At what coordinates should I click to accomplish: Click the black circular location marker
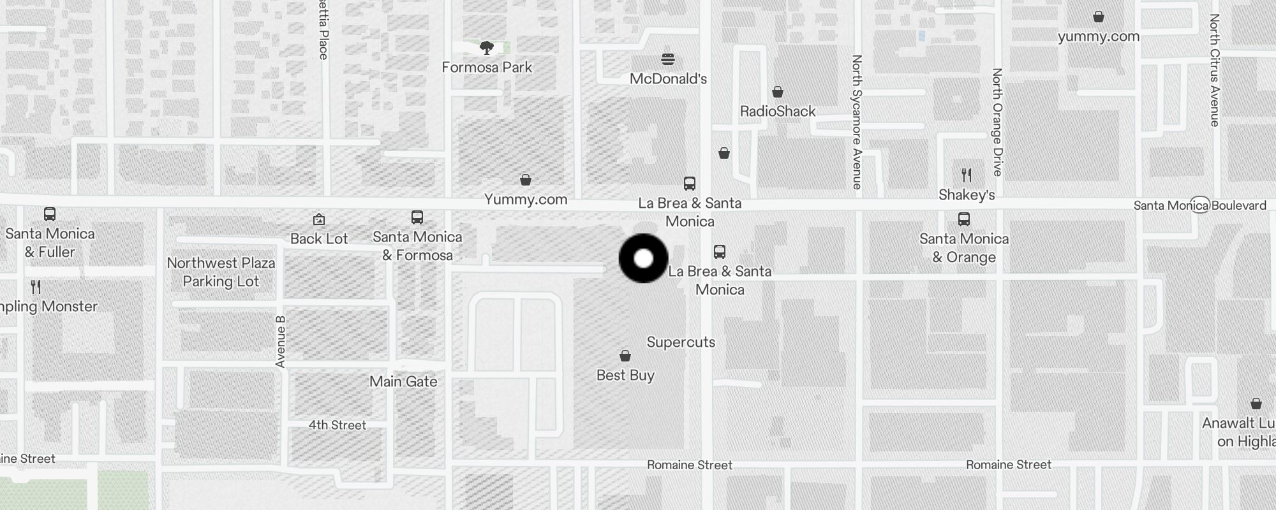tap(644, 258)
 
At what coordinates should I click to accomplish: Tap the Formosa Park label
tap(487, 67)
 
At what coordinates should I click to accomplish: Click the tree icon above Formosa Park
tap(487, 47)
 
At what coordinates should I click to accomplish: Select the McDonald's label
tap(668, 78)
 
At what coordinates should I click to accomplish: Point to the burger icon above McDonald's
tap(668, 59)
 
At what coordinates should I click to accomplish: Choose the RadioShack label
tap(778, 111)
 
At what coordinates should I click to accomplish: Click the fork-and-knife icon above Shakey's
tap(967, 175)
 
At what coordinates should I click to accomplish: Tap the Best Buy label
tap(625, 375)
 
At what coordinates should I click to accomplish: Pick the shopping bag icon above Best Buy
tap(625, 356)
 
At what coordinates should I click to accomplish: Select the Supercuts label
tap(681, 342)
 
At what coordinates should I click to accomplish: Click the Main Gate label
tap(403, 381)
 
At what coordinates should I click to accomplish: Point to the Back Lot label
tap(319, 238)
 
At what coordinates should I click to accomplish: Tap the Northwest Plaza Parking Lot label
tap(221, 272)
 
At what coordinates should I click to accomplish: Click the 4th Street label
tap(338, 425)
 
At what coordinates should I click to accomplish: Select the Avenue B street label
tap(280, 342)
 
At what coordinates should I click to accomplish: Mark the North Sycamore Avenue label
tap(857, 121)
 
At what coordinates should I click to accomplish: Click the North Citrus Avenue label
tap(1214, 70)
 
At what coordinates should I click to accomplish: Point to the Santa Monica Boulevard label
tap(1199, 205)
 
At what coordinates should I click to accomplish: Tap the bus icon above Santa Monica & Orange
tap(964, 219)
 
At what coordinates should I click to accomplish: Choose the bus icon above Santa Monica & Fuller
tap(50, 214)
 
